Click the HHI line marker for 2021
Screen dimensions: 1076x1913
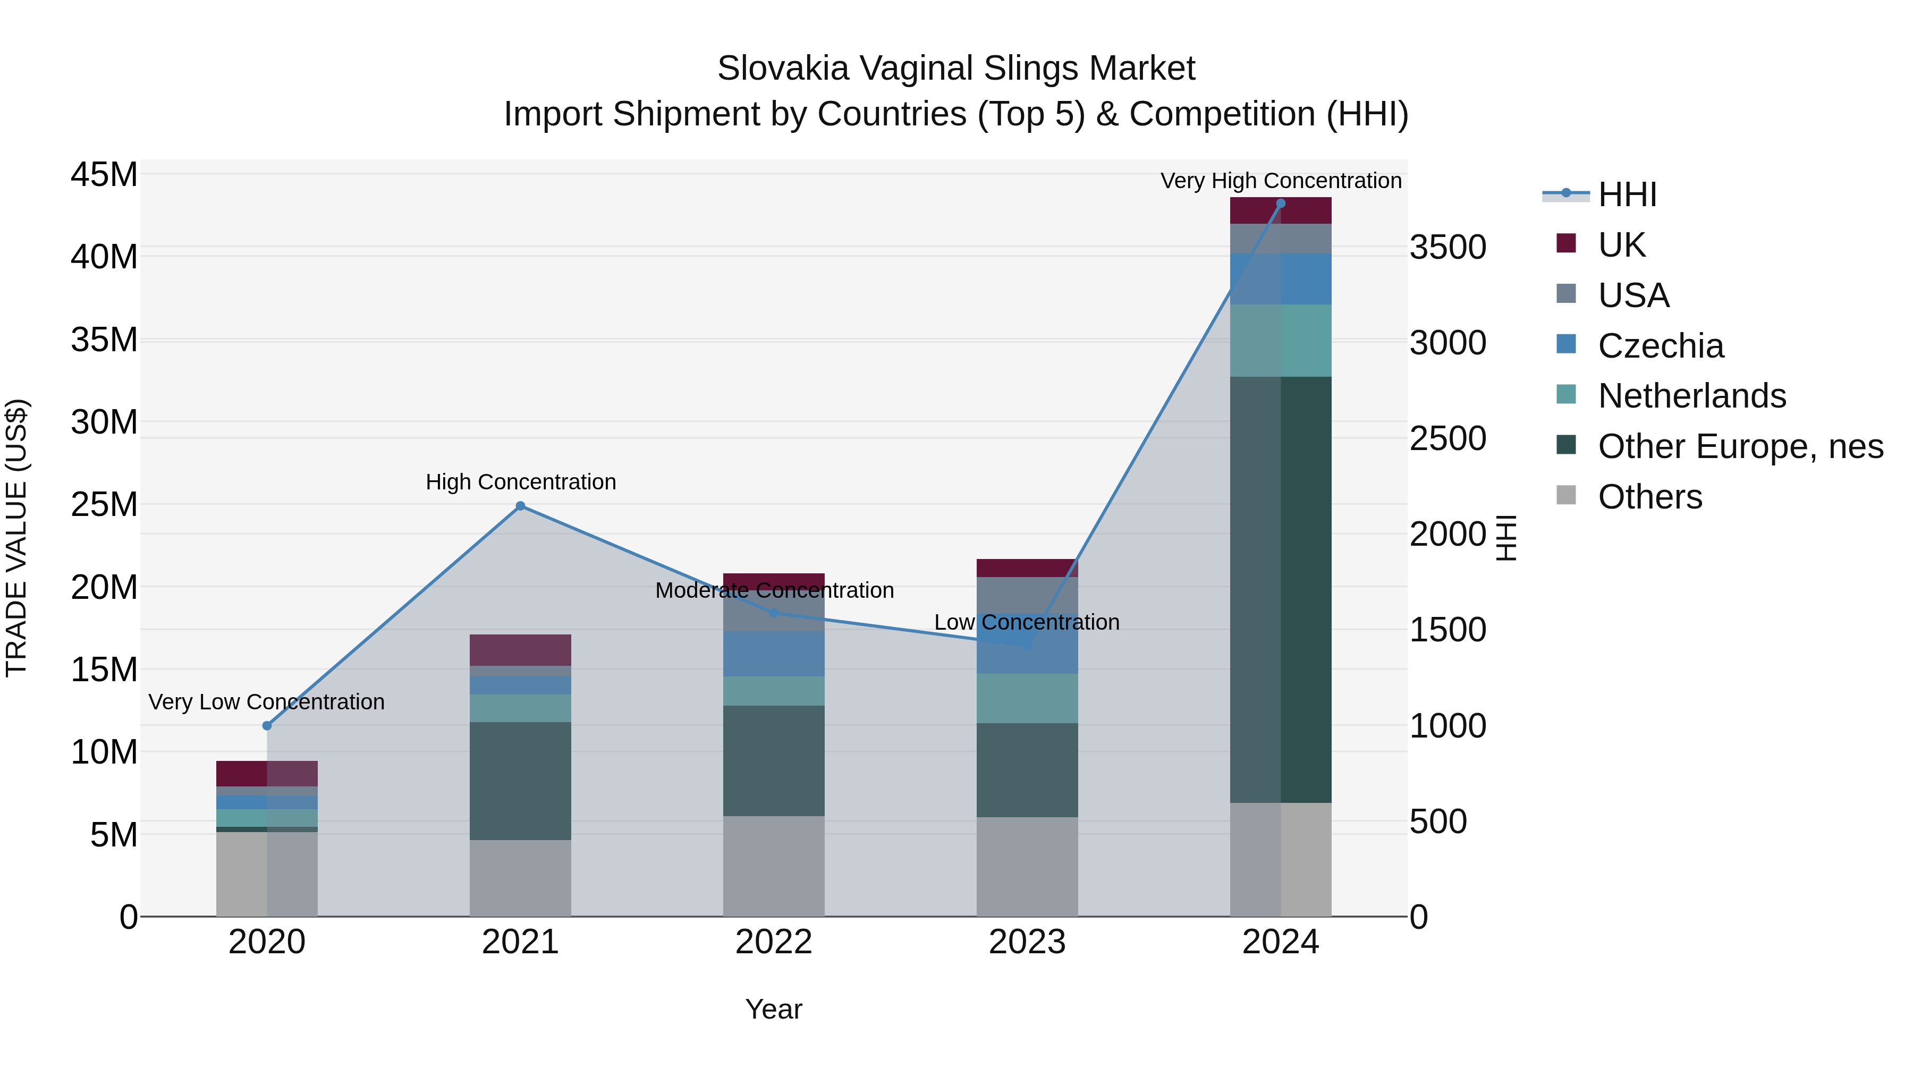521,506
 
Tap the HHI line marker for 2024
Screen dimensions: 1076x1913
1280,204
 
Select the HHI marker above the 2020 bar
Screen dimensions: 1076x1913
267,725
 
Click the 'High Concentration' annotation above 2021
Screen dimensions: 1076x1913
521,482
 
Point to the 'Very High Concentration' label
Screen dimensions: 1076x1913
1280,181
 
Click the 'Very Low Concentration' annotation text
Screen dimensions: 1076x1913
267,702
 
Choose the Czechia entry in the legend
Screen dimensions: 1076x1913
1661,346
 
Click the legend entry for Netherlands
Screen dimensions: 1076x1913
1692,396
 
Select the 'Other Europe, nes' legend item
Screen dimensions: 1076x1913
1740,446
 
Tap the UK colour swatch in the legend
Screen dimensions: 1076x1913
1565,243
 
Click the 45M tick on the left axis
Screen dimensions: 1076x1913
104,175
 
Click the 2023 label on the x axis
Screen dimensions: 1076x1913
1027,942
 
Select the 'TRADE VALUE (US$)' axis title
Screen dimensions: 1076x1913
16,538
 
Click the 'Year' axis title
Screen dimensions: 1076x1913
773,1009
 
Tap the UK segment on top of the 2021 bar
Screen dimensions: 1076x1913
521,650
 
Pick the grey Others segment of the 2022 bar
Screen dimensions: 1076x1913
774,866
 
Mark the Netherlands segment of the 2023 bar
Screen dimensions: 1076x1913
1027,698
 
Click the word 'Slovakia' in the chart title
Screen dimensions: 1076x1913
783,69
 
